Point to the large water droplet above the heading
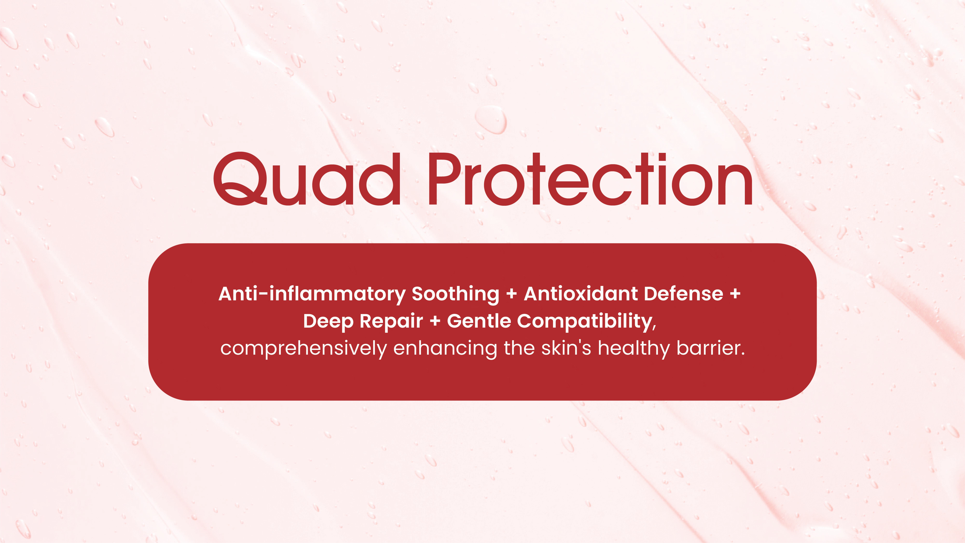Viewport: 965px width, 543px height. pyautogui.click(x=491, y=119)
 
